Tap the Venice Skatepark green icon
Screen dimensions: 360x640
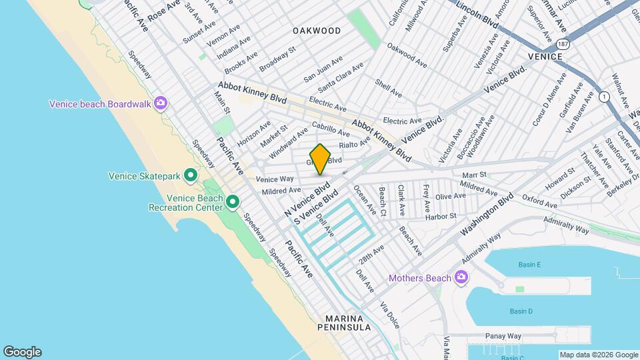tap(190, 176)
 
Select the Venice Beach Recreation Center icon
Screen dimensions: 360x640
tap(233, 201)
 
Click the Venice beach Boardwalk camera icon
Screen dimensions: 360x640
tap(160, 103)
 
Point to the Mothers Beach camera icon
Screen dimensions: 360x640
tap(461, 277)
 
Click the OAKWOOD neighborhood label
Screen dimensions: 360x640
tap(317, 31)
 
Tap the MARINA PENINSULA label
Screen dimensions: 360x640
tap(347, 323)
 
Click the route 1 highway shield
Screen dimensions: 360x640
tap(604, 97)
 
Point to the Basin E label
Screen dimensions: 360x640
tap(529, 265)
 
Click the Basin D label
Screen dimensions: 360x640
tap(521, 311)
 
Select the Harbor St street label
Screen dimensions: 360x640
tap(441, 216)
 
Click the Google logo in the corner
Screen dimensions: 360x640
tap(22, 352)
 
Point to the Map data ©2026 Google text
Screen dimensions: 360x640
tap(598, 355)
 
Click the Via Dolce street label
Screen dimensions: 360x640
tap(389, 315)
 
